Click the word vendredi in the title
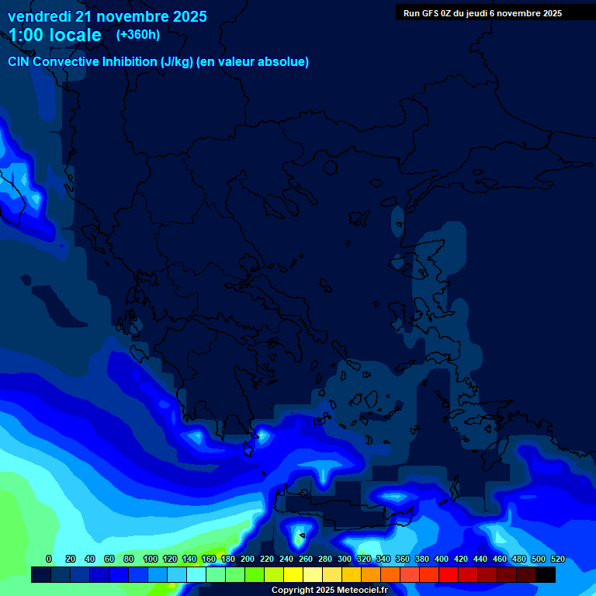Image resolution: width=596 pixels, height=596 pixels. (39, 16)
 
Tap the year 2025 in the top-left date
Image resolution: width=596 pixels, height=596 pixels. (185, 16)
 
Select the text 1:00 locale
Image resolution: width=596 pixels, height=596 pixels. (55, 35)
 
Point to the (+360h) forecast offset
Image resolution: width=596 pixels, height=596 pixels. (138, 34)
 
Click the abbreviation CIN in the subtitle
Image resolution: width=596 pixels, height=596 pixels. (20, 61)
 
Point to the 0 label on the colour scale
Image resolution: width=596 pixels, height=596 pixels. (49, 559)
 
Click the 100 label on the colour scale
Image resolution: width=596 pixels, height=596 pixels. (151, 559)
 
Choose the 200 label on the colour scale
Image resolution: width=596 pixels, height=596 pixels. (248, 559)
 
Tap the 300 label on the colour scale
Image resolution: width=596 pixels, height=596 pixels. (345, 559)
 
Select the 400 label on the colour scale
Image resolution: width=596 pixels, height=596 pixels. (442, 559)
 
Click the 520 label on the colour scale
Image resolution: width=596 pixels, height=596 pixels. (556, 559)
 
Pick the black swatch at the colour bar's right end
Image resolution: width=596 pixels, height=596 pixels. (546, 574)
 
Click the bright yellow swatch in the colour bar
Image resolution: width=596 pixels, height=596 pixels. (293, 574)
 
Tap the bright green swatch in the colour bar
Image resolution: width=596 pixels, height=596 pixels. (255, 574)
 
